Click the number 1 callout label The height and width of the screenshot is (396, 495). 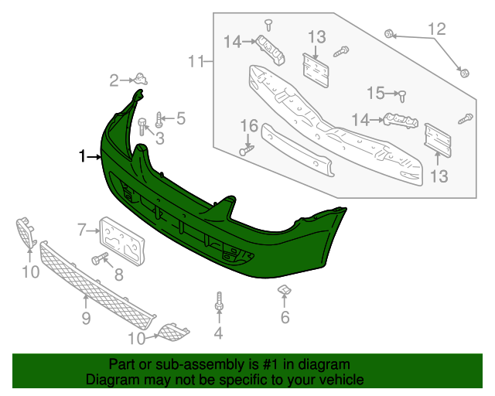point(83,157)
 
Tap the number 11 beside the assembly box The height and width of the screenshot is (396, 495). point(196,61)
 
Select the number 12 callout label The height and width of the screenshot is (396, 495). point(437,30)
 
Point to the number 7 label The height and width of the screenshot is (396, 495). point(81,229)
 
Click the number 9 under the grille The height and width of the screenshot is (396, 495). point(85,319)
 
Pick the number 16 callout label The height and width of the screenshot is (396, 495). point(248,126)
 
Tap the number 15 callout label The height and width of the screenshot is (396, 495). point(376,94)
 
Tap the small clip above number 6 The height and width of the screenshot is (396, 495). point(284,291)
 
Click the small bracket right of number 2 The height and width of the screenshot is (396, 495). point(140,77)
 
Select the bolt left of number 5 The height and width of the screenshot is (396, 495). point(159,119)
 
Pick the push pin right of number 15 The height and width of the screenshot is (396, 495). point(403,94)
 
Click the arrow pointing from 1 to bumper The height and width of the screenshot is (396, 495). point(95,157)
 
